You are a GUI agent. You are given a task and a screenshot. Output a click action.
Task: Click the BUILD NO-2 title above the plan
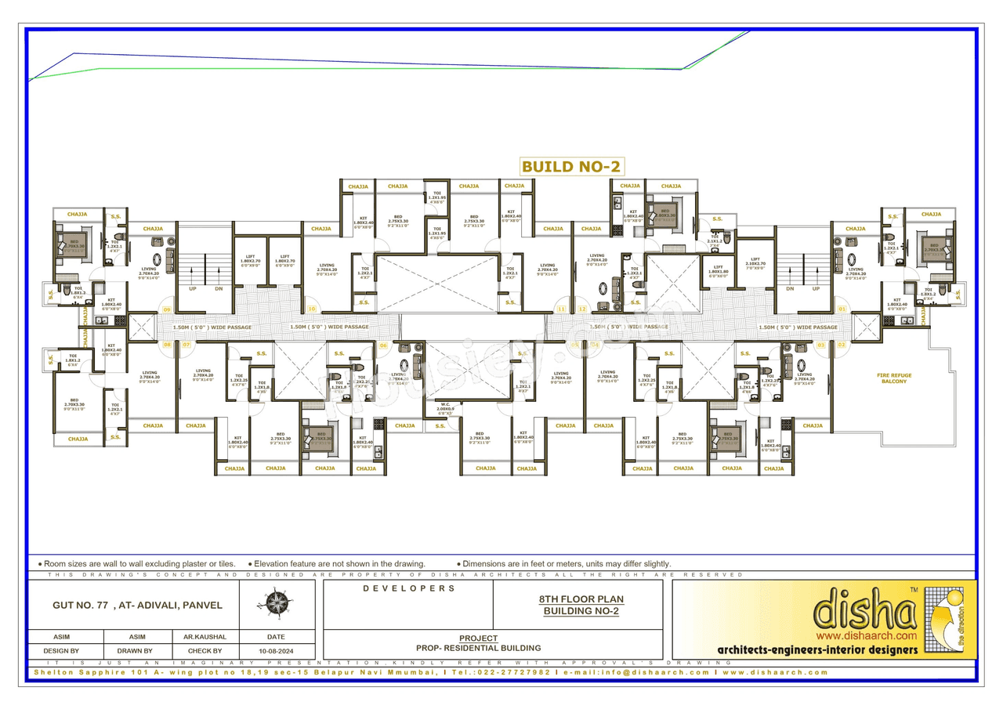pyautogui.click(x=572, y=166)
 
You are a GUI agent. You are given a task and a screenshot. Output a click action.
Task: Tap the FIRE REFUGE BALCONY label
pyautogui.click(x=894, y=378)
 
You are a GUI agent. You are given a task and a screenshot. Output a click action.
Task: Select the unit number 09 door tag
pyautogui.click(x=167, y=310)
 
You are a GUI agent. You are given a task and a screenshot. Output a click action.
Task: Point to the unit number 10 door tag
pyautogui.click(x=312, y=310)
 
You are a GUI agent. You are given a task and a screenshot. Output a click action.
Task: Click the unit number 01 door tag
pyautogui.click(x=842, y=310)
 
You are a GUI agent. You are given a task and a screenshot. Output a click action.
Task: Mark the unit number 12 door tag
pyautogui.click(x=582, y=310)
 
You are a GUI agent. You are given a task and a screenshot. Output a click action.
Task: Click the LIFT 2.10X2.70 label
pyautogui.click(x=755, y=263)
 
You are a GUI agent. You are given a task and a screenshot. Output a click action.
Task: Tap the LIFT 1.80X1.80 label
pyautogui.click(x=719, y=272)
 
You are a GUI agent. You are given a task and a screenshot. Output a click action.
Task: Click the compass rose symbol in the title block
pyautogui.click(x=277, y=604)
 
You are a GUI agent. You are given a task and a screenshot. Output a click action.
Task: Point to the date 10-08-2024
pyautogui.click(x=276, y=651)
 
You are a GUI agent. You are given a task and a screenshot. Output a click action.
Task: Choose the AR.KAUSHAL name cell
pyautogui.click(x=205, y=637)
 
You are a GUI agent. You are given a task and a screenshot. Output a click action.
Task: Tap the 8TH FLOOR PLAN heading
pyautogui.click(x=581, y=599)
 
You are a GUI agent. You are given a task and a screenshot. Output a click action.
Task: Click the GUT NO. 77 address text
pyautogui.click(x=127, y=605)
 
